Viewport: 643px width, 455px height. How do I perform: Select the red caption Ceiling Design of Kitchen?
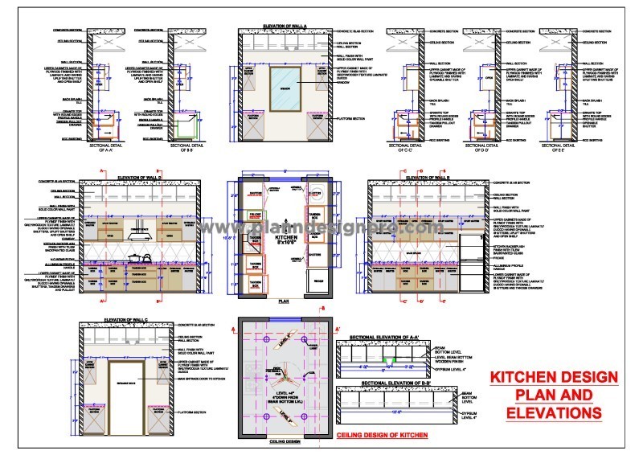pyautogui.click(x=382, y=434)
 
